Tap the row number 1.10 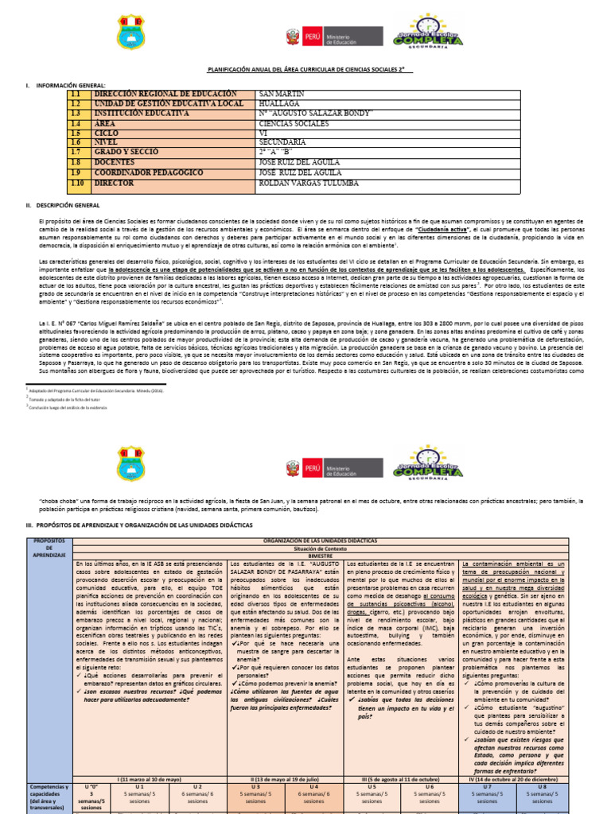[76, 183]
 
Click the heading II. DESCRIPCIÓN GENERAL [59, 205]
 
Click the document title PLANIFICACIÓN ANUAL [306, 70]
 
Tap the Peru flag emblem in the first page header [292, 37]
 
